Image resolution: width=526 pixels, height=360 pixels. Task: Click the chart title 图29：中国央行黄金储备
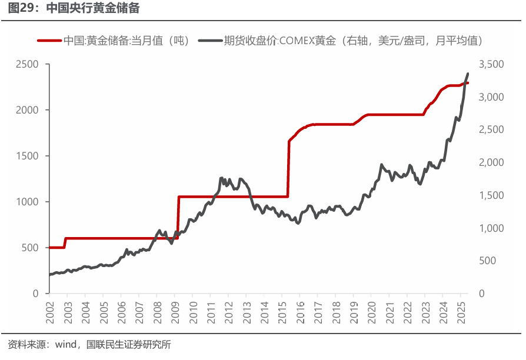point(74,9)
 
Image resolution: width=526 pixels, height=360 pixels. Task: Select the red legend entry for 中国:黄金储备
point(112,41)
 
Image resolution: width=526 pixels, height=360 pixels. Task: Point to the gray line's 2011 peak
point(221,178)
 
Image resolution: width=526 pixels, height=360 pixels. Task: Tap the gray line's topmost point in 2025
point(468,74)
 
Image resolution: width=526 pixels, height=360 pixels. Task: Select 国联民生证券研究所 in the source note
point(128,345)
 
